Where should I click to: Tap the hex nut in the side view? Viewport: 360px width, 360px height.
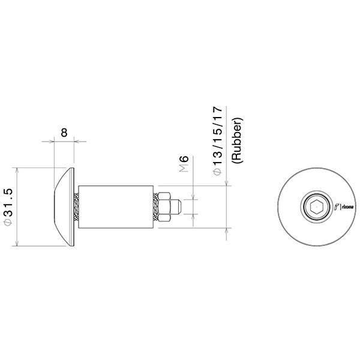[x=169, y=206]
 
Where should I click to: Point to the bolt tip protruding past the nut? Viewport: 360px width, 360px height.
[x=180, y=206]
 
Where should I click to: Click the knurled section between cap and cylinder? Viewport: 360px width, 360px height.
[x=76, y=206]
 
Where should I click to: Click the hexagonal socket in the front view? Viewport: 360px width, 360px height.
[x=316, y=208]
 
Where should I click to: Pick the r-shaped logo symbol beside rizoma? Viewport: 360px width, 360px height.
[x=336, y=208]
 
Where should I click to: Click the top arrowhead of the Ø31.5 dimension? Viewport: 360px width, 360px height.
[x=19, y=170]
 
